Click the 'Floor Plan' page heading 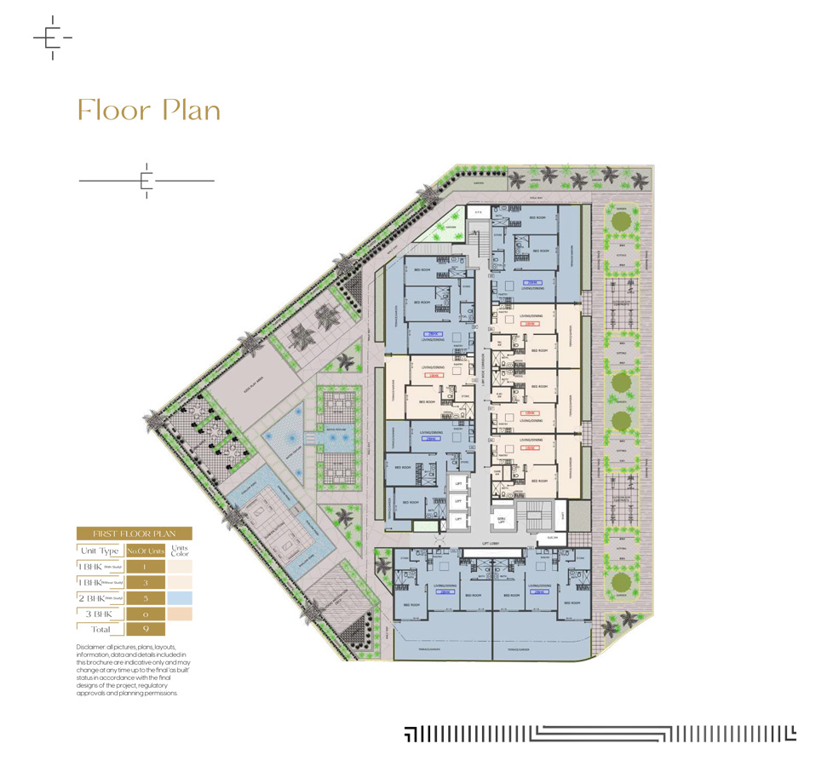click(x=149, y=111)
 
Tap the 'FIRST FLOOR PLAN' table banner click(x=134, y=533)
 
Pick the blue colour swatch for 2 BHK click(x=180, y=597)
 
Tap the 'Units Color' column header click(x=180, y=551)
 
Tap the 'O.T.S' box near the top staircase click(x=478, y=213)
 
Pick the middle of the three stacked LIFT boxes click(x=457, y=499)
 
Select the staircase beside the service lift click(x=533, y=516)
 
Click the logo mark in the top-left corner click(x=51, y=37)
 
